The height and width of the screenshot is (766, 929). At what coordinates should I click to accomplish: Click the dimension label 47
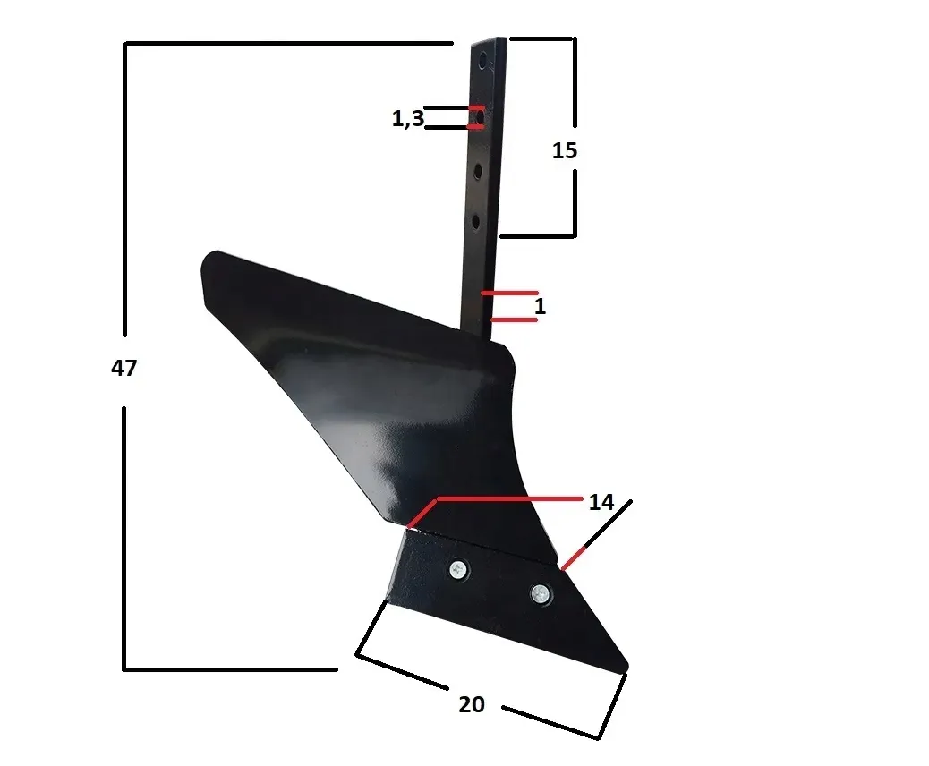(x=124, y=368)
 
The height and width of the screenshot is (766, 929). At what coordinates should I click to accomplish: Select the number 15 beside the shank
(x=565, y=151)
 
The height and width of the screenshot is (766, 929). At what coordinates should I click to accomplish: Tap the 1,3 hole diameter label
(x=407, y=119)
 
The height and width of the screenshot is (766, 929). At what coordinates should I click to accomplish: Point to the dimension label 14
(x=601, y=503)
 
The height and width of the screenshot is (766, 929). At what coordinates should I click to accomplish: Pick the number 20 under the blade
(x=472, y=705)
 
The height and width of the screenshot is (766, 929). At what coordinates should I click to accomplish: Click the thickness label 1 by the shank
(x=540, y=307)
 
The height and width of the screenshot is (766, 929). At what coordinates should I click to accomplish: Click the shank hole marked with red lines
(x=479, y=117)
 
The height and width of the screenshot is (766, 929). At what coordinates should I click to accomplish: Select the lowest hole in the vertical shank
(x=476, y=220)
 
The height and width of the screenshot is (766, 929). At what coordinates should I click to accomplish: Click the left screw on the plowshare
(x=459, y=567)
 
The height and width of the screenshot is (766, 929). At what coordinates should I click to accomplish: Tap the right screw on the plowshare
(x=540, y=592)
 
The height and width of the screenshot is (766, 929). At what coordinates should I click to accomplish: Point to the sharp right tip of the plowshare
(x=625, y=666)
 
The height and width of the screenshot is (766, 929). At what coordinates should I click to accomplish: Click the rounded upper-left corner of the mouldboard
(x=208, y=260)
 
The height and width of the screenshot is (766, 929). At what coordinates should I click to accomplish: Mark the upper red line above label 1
(x=509, y=293)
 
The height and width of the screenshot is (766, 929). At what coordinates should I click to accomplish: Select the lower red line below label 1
(x=514, y=319)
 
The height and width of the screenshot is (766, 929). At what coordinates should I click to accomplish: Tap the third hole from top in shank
(x=478, y=170)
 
